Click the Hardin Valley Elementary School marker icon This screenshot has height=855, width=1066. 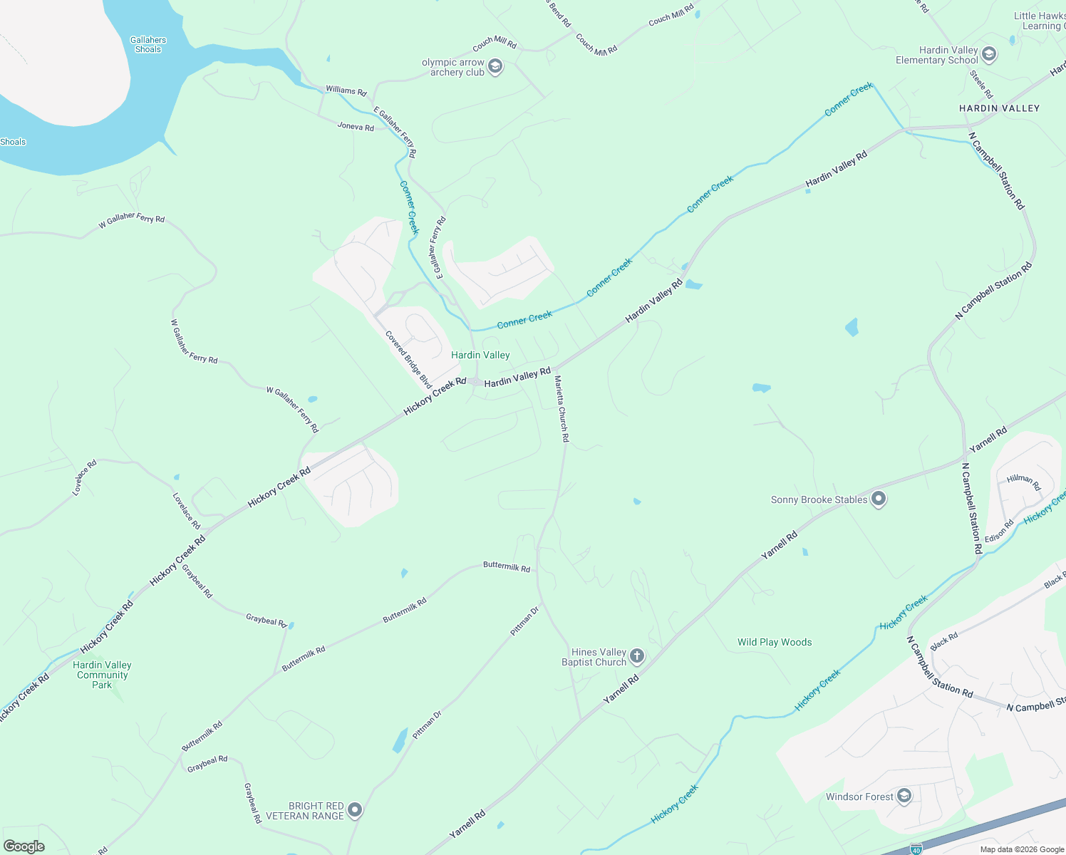(x=988, y=54)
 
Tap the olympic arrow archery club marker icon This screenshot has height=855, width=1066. (x=495, y=67)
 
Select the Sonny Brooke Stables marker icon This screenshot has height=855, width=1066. (x=879, y=499)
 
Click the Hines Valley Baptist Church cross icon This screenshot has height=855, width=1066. (x=637, y=656)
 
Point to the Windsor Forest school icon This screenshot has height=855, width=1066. (x=904, y=796)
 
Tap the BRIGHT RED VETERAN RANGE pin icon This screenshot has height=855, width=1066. (x=355, y=810)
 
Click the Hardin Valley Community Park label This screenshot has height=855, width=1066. (x=102, y=675)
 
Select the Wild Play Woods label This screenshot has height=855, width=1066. (x=775, y=642)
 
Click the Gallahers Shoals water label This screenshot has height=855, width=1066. (x=148, y=45)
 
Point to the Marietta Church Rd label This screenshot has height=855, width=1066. (x=562, y=409)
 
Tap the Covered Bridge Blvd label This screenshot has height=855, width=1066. (x=409, y=359)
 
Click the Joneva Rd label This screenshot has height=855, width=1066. (x=356, y=127)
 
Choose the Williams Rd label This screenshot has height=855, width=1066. (x=346, y=90)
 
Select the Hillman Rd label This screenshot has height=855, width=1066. (x=1024, y=482)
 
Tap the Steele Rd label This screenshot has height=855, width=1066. (x=981, y=84)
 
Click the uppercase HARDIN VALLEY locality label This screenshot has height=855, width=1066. (x=999, y=108)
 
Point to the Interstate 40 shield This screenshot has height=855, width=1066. (x=916, y=849)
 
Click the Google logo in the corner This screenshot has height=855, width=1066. (x=24, y=846)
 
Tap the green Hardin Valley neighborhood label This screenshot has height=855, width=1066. (x=480, y=355)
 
